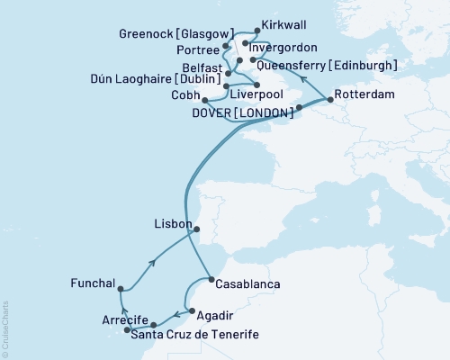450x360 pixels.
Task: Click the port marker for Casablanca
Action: point(211,280)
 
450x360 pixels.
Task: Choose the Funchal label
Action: point(92,283)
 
